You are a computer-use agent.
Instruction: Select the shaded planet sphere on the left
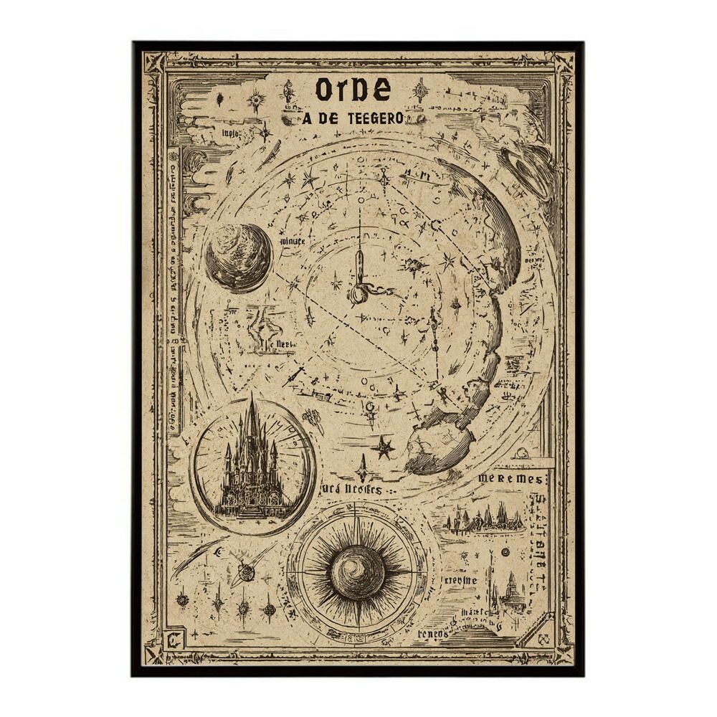tap(239, 257)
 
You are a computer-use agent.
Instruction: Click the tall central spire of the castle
tap(252, 423)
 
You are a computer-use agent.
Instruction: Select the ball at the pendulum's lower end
tap(357, 295)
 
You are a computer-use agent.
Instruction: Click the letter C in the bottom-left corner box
tap(174, 635)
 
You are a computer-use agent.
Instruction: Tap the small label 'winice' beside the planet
tap(292, 242)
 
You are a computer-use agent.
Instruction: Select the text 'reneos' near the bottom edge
tap(433, 634)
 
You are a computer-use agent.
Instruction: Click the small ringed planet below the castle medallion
tap(246, 571)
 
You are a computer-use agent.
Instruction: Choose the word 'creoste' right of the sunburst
tap(460, 580)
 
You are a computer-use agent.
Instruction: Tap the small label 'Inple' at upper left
tap(229, 133)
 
